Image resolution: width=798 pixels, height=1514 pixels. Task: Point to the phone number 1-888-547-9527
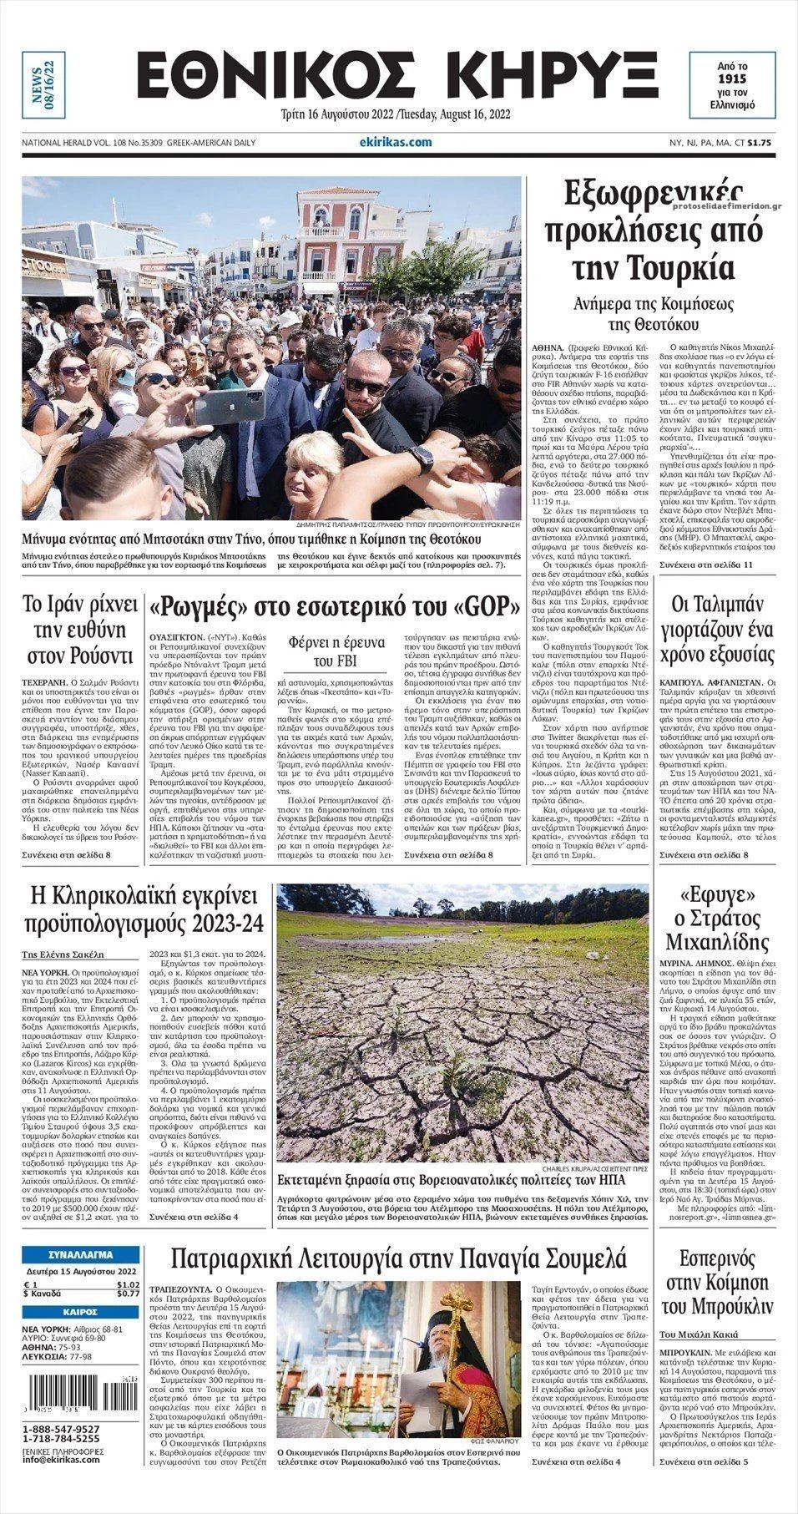[x=62, y=1429]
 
